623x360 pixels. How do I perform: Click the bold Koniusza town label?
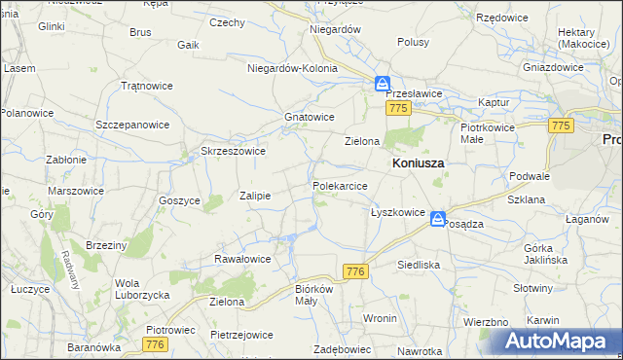tap(418, 164)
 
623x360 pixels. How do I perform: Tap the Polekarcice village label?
tap(340, 185)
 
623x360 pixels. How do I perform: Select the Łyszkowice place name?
tap(397, 212)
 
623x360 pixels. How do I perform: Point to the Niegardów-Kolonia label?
tap(293, 69)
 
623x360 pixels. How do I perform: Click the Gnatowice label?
tap(310, 117)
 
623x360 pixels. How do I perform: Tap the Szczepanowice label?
tap(132, 126)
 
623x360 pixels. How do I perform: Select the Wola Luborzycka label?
tap(142, 289)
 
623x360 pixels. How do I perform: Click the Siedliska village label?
tap(419, 265)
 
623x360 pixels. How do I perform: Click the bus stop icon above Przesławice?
tap(384, 84)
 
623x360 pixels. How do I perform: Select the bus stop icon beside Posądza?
tap(438, 220)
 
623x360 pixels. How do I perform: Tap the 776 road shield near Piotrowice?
tap(154, 345)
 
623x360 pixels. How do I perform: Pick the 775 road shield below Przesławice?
tap(396, 109)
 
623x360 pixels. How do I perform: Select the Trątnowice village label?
tap(146, 86)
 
